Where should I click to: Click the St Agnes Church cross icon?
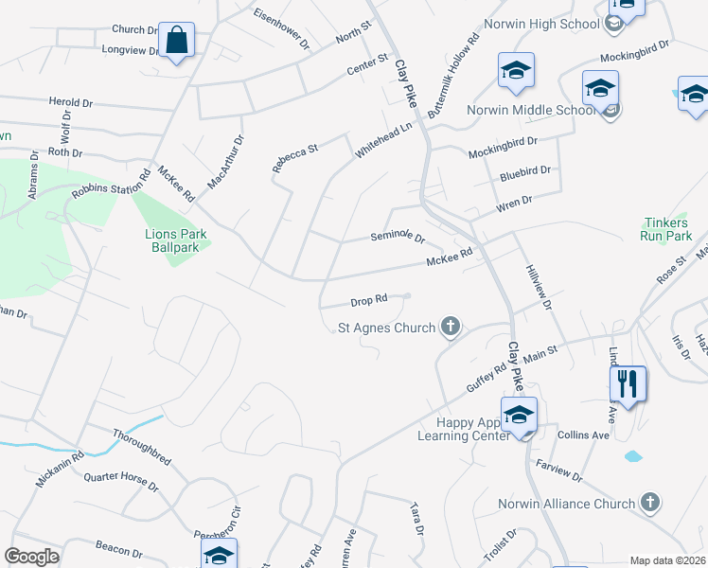coord(451,328)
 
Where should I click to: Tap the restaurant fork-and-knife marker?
coord(628,384)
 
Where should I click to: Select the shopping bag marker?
coord(176,41)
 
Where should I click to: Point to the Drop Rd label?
coord(369,300)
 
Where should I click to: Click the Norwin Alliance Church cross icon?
coord(649,502)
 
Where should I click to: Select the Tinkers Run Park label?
coord(666,229)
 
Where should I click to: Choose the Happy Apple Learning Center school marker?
coord(519,416)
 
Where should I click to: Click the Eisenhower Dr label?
coord(282,28)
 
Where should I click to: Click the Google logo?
coord(31,557)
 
